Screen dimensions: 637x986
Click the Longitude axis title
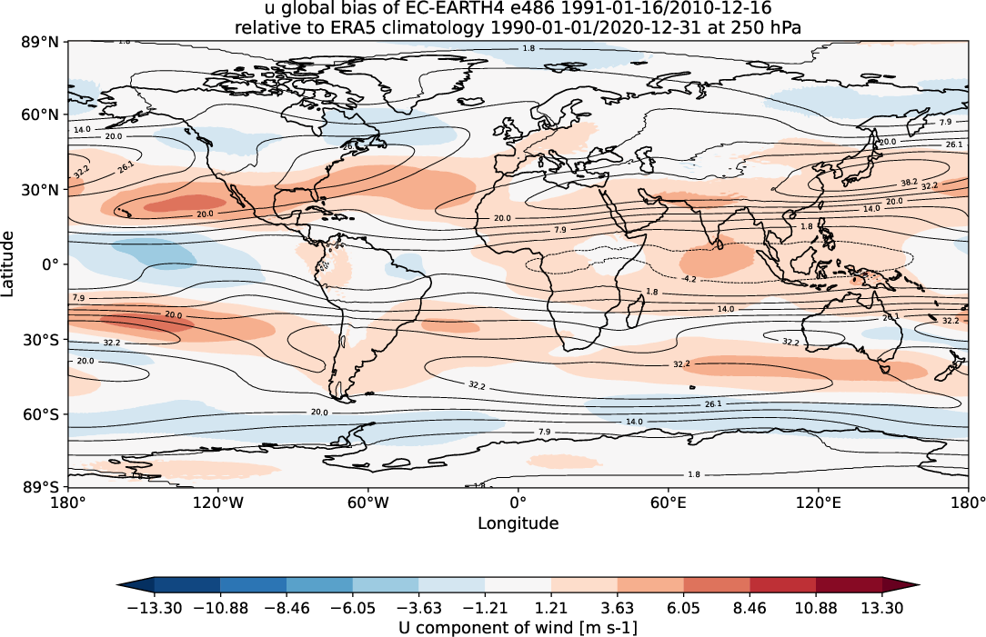pyautogui.click(x=518, y=523)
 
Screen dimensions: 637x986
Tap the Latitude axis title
pyautogui.click(x=10, y=264)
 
